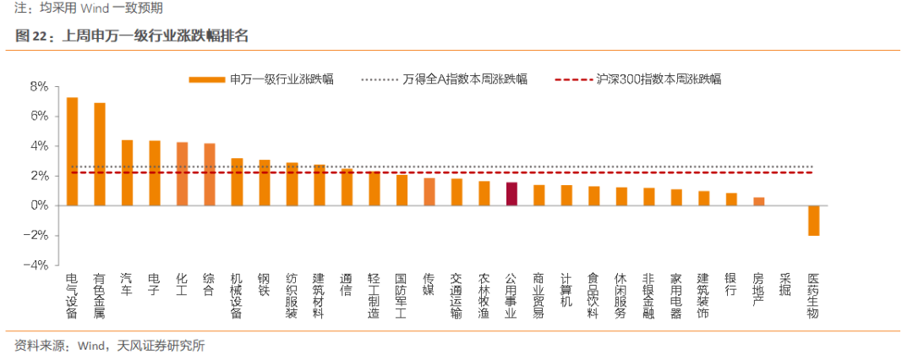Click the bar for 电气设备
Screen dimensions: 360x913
coord(72,152)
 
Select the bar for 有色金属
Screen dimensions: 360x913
coord(100,155)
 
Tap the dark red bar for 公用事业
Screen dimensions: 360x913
coord(511,194)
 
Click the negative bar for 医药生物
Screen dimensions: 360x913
coord(813,220)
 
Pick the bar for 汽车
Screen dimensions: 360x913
coord(127,173)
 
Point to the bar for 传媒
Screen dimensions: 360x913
coord(429,192)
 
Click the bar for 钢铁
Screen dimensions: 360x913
coord(265,183)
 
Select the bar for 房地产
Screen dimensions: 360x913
coord(758,201)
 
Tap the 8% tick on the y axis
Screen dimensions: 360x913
coord(39,86)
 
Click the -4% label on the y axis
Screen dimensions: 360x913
coord(36,265)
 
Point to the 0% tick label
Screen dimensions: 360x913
coord(39,205)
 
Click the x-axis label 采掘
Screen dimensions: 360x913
coord(786,285)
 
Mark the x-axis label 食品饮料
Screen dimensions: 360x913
coord(593,294)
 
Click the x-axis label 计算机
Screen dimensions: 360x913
coord(566,289)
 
